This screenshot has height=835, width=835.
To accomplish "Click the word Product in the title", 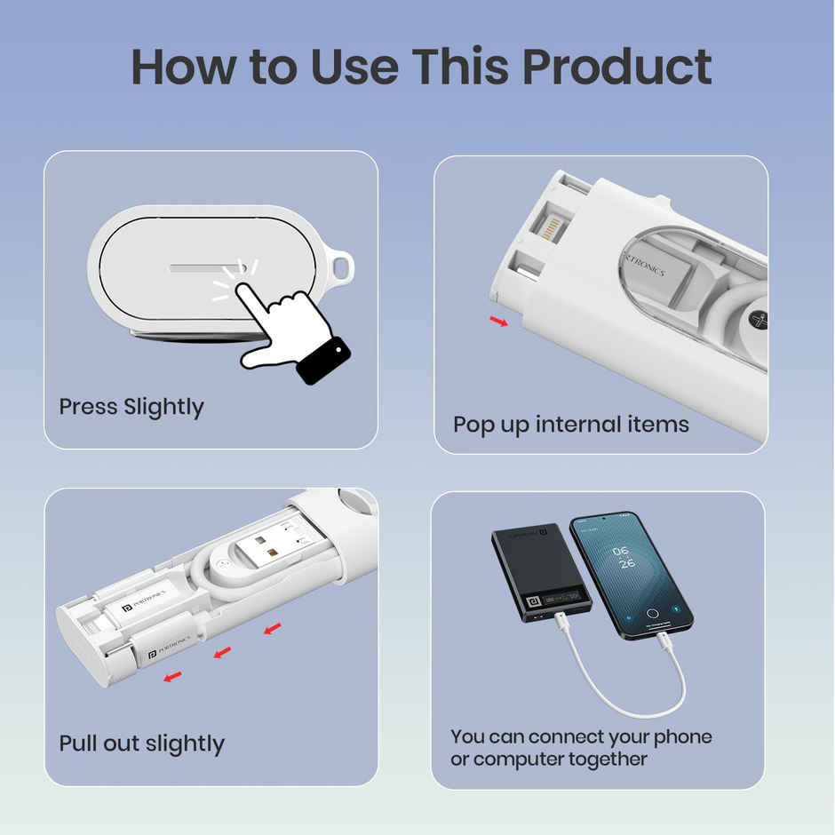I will (616, 68).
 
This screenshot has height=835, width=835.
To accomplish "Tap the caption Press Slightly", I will (131, 407).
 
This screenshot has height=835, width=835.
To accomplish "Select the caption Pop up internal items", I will (571, 425).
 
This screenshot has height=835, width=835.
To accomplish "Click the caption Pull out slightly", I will (141, 744).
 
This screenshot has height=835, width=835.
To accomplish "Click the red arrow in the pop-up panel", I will (500, 321).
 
